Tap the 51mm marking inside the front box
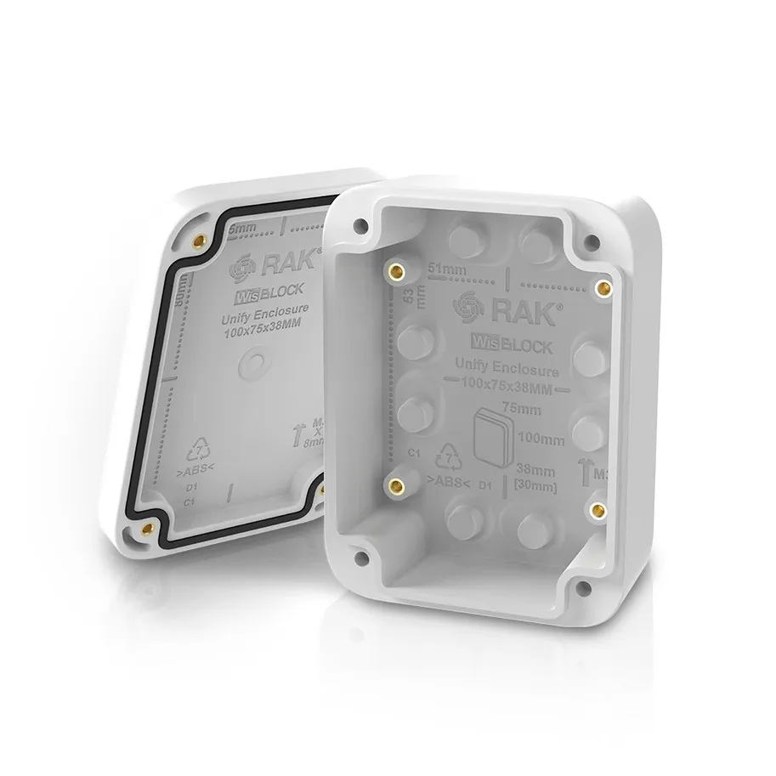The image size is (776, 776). pos(447,269)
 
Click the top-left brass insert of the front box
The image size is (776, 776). pos(395,272)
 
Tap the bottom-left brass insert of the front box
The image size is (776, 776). pos(394,485)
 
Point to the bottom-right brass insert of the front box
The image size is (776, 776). pos(598,508)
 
